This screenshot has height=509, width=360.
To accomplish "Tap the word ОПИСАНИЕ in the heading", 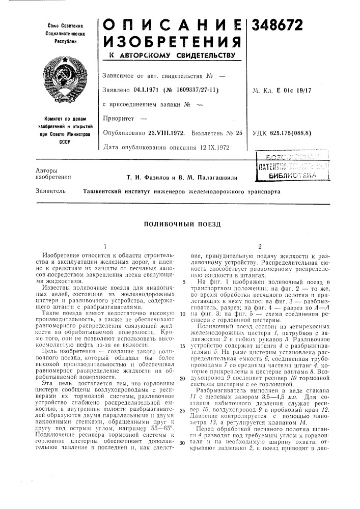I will point(170,24).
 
